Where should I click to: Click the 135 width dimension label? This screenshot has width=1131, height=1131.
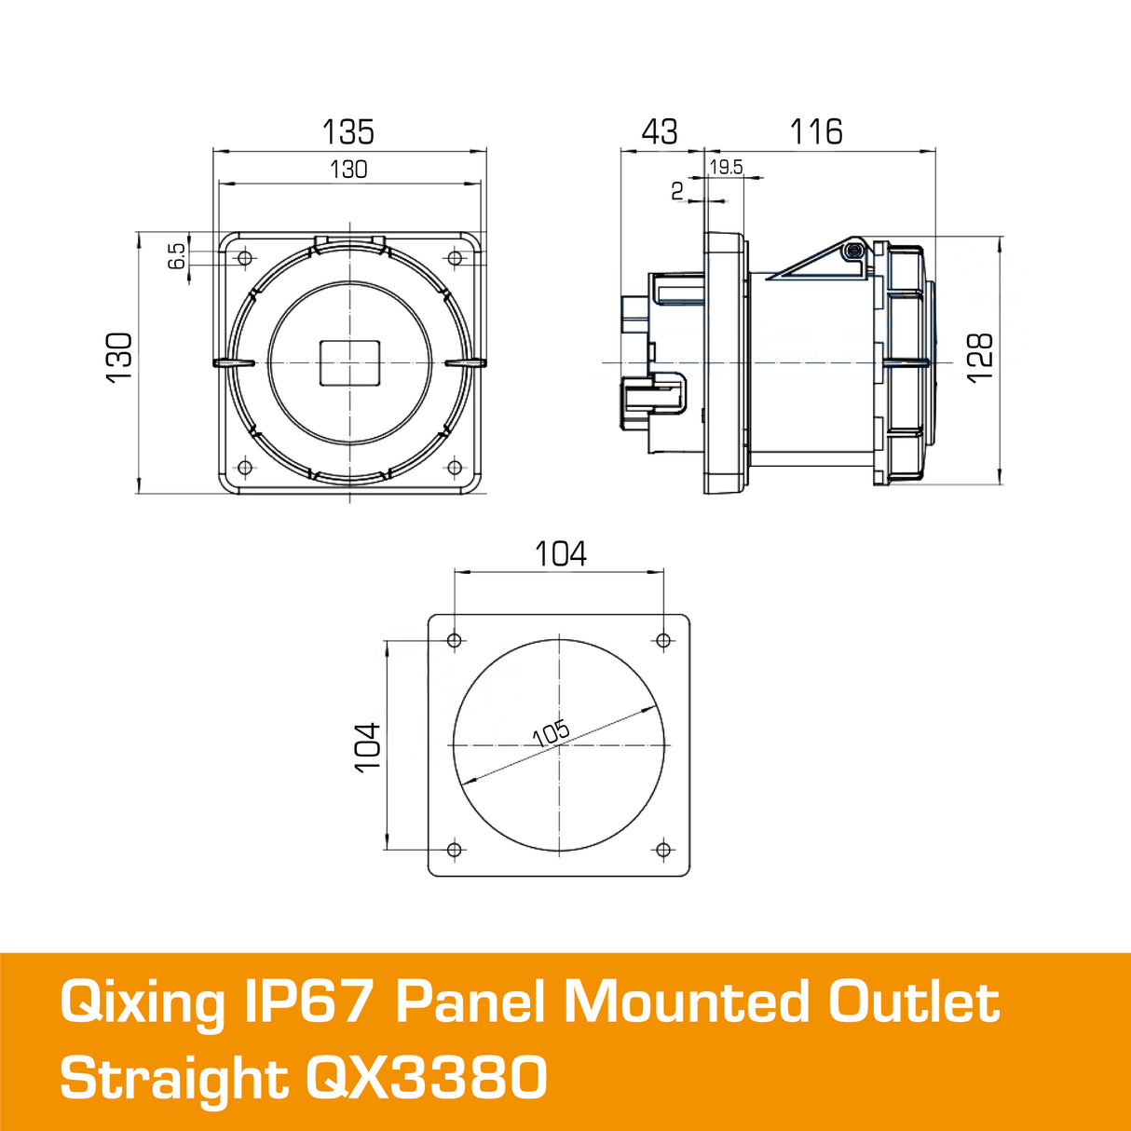click(347, 131)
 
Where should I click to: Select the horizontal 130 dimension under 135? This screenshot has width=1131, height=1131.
click(348, 170)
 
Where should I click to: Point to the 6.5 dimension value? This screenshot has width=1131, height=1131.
click(177, 256)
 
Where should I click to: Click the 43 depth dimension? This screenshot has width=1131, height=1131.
click(660, 131)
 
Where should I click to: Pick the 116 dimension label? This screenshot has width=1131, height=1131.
click(816, 131)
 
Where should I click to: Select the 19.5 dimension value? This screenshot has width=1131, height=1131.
click(726, 168)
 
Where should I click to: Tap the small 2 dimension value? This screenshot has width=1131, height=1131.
click(677, 191)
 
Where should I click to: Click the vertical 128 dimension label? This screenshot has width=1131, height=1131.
click(980, 358)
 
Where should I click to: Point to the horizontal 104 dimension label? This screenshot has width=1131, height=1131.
click(560, 554)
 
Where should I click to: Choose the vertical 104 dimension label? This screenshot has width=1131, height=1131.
click(368, 746)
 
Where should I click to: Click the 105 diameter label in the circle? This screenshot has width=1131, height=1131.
click(551, 733)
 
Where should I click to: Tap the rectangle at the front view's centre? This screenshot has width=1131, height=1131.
click(350, 362)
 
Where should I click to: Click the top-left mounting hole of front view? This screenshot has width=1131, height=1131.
click(245, 258)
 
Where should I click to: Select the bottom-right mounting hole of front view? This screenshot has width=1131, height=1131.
click(455, 468)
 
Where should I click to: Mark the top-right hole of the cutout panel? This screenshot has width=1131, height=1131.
click(663, 640)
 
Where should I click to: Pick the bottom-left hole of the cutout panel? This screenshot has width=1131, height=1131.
click(455, 850)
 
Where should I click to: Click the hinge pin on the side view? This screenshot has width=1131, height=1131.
click(851, 251)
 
